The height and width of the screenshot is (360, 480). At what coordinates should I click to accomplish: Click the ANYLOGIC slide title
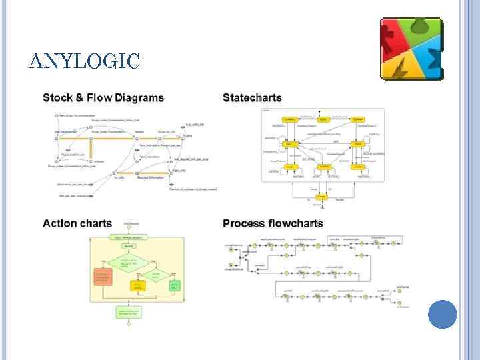[85, 62]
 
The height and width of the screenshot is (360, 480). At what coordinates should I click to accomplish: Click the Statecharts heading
[252, 98]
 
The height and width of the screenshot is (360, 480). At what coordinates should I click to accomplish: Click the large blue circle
[442, 314]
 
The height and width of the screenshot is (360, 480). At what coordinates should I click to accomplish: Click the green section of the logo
[420, 30]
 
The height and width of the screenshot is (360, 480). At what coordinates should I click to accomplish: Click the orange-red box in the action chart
[104, 277]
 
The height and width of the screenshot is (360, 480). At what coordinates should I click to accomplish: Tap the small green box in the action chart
[175, 286]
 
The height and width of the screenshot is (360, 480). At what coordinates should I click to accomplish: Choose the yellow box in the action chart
[139, 286]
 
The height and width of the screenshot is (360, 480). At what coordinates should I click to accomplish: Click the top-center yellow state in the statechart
[323, 119]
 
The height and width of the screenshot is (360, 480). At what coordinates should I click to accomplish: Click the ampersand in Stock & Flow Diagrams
[80, 98]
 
